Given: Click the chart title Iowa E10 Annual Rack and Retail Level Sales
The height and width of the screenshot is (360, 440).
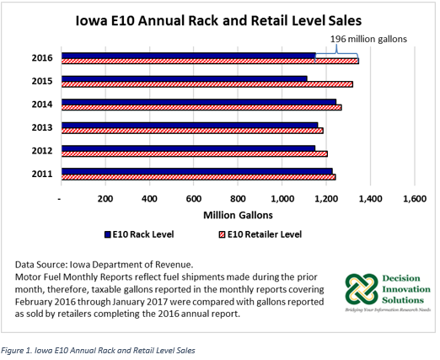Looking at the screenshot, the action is coord(218,21).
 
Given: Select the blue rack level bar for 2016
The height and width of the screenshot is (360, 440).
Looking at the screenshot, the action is coord(189,56).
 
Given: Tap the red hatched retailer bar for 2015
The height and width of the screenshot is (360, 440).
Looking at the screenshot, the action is coord(207,84).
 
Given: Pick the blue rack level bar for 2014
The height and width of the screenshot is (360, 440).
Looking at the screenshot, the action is coord(199,102).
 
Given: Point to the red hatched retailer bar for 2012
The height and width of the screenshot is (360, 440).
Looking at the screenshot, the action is coord(195,153).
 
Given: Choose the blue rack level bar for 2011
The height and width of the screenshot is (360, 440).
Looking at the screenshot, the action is coord(197,171).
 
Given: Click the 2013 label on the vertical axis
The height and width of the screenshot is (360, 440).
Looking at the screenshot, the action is coord(42,128).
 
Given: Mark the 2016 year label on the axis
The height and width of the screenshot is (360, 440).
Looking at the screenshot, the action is coord(42,58).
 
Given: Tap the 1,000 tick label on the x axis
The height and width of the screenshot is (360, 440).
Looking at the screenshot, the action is coord(282,199).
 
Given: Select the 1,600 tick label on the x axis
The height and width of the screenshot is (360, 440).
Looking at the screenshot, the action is coord(415,199).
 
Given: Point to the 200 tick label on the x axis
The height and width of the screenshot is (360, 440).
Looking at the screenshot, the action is coord(105,199).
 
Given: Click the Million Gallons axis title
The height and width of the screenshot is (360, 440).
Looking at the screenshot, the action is coord(238,215).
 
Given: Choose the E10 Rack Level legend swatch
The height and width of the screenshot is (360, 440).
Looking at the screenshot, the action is coord(108,234).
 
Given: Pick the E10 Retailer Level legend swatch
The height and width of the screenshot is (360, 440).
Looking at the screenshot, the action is coord(222,234).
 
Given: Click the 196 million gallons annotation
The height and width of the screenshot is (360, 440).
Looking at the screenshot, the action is coord(368,39).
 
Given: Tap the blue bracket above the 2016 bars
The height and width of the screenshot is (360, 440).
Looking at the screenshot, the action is coord(336,53).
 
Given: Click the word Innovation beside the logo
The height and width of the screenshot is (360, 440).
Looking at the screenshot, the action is coord(406,289).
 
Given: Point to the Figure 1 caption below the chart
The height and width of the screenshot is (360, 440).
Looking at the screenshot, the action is coord(98,351).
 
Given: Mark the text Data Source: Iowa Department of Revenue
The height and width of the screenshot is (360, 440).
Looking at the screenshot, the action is coord(104,265).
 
